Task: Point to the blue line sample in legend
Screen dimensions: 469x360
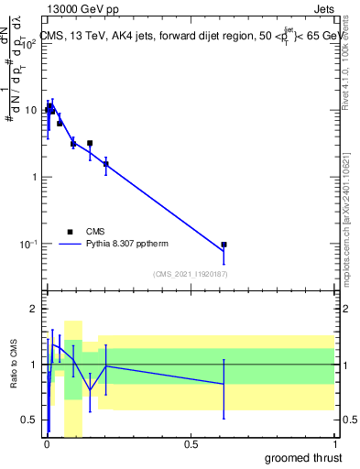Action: pyautogui.click(x=71, y=245)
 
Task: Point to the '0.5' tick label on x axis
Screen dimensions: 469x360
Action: pyautogui.click(x=191, y=443)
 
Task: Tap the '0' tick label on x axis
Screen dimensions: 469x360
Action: pyautogui.click(x=47, y=443)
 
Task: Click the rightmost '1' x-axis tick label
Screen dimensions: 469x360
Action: pyautogui.click(x=334, y=443)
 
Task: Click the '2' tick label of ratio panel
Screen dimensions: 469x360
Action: pyautogui.click(x=35, y=309)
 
